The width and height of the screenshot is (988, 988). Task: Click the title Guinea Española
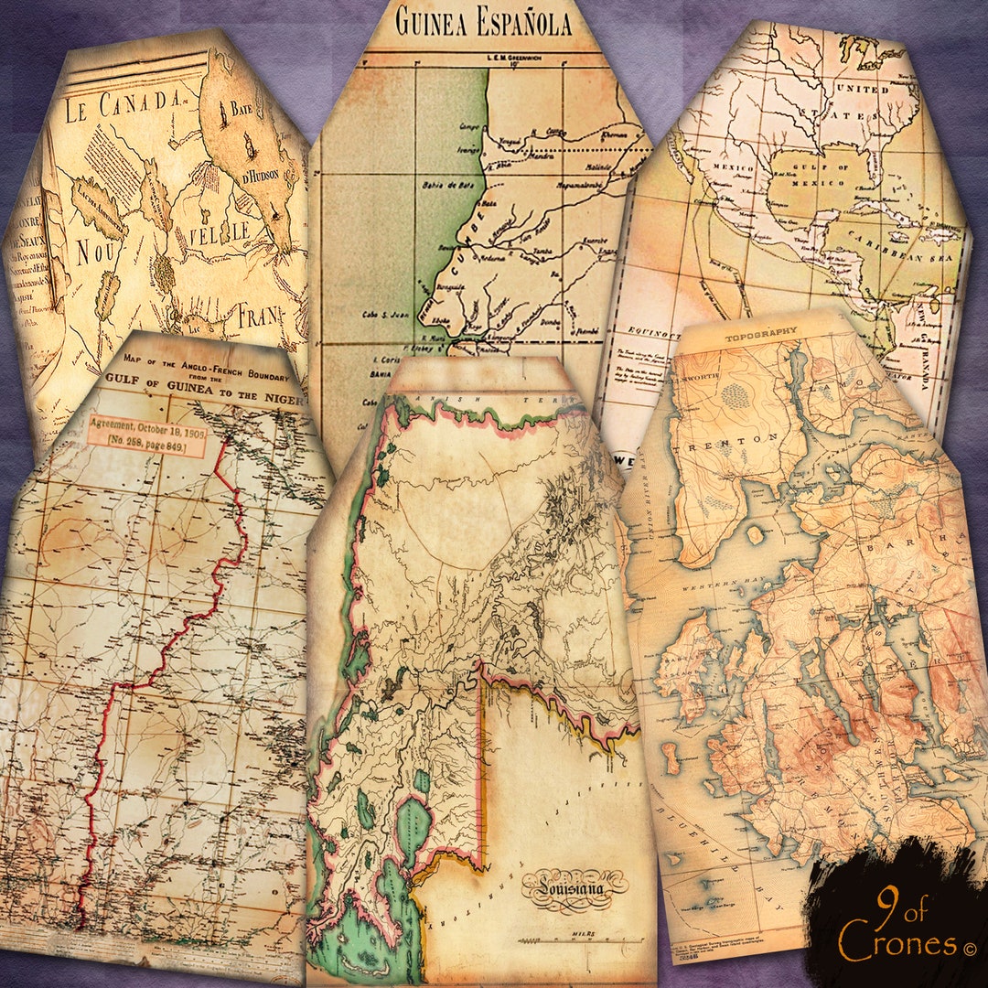[483, 22]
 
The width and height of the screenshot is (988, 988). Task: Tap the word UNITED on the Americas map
[869, 91]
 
